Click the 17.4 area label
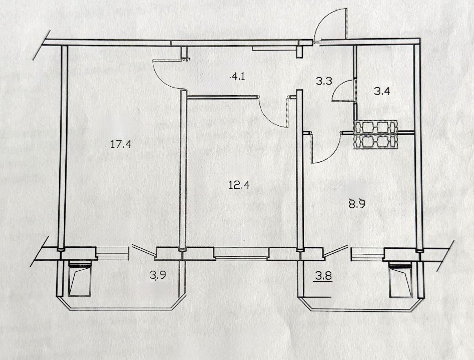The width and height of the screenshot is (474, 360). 121,144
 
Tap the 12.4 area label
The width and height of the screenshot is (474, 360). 239,185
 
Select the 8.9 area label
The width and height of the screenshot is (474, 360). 357,204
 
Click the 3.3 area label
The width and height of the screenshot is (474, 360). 324,82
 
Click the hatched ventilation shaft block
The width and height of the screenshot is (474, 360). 376,135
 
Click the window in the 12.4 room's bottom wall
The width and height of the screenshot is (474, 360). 242,253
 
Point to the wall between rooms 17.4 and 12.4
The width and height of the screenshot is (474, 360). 183,171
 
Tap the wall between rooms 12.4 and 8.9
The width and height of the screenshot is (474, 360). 300,171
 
